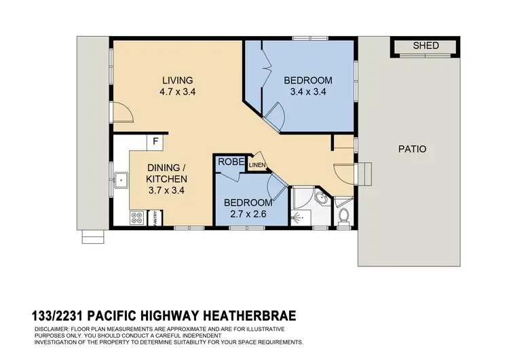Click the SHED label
(426, 46)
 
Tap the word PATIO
(412, 149)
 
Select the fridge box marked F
(156, 143)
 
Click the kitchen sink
(122, 181)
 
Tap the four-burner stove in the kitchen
(136, 218)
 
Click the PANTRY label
(155, 218)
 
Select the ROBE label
(227, 163)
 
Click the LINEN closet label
(257, 165)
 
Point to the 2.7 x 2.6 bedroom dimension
(248, 215)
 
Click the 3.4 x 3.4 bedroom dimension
(305, 92)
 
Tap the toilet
(343, 215)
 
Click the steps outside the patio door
(366, 173)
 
